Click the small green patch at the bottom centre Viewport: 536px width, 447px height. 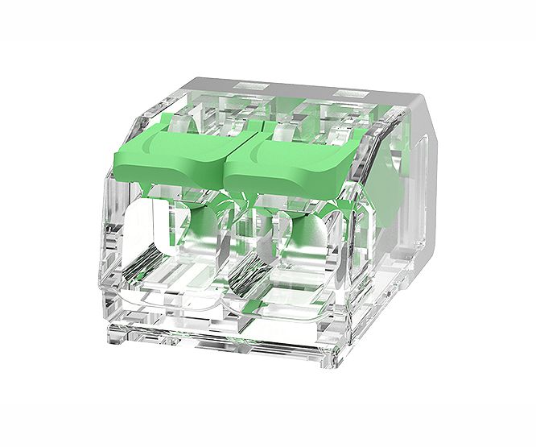[249, 304]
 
